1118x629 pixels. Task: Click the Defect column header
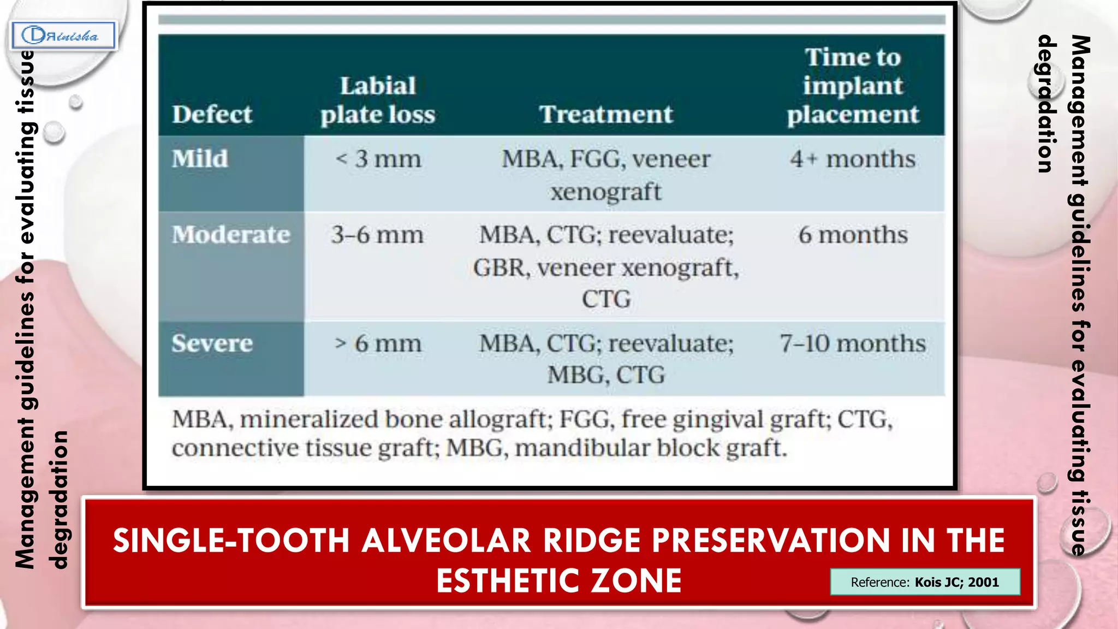[x=212, y=115]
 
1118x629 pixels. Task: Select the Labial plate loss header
[x=378, y=100]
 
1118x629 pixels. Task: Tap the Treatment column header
[x=606, y=115]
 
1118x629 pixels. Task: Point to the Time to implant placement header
[x=853, y=86]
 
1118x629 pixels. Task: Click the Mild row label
[x=200, y=159]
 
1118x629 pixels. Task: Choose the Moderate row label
[x=231, y=235]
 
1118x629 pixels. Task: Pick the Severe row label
[x=212, y=343]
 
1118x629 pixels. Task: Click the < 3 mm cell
[x=378, y=159]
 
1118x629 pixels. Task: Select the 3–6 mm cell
[x=377, y=235]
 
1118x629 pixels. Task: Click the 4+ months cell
[x=853, y=159]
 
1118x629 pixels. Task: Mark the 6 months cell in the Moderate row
[x=853, y=235]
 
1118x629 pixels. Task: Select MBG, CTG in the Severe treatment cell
[x=606, y=375]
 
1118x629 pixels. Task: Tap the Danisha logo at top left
[x=63, y=36]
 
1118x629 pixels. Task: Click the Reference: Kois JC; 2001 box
[x=925, y=582]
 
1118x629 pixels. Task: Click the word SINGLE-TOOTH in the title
[x=231, y=541]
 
